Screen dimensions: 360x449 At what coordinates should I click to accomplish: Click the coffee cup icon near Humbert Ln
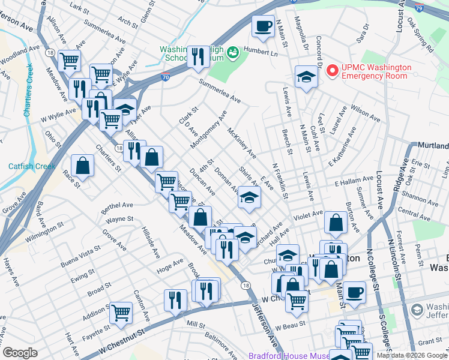coord(262,26)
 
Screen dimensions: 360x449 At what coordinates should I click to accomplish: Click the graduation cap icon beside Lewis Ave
coord(306,77)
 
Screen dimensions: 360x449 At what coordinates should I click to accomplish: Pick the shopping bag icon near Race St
coord(82,165)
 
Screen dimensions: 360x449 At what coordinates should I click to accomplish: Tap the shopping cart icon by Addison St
coord(121,312)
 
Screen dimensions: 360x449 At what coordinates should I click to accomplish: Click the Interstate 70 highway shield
coord(165,77)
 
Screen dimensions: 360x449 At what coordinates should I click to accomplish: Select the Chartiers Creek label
coord(28,90)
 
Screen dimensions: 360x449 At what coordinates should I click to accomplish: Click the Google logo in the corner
coord(20,353)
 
